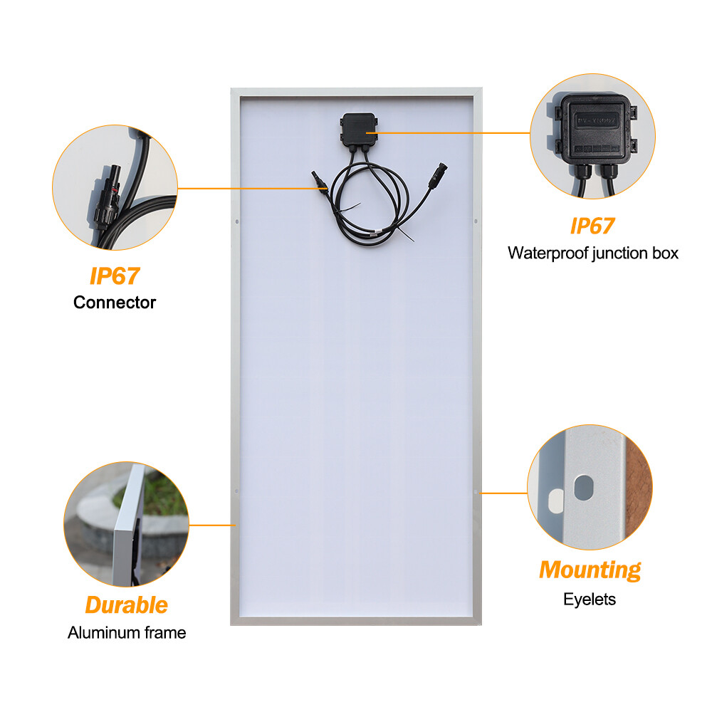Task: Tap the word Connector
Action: (114, 303)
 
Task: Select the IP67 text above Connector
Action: (114, 275)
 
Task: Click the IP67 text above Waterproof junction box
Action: (592, 226)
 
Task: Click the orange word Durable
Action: (126, 605)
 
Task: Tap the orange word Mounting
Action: (590, 570)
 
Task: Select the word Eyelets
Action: (590, 600)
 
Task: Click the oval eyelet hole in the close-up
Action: (582, 488)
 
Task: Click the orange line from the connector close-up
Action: (249, 189)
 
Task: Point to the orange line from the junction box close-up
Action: (456, 132)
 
